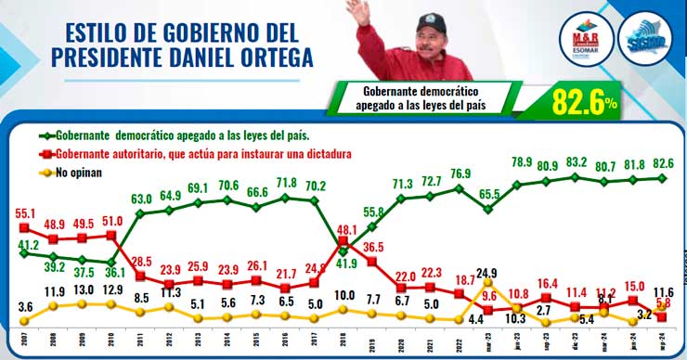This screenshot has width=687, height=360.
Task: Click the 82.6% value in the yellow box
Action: pyautogui.click(x=584, y=99)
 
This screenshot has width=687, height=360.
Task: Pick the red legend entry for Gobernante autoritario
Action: pyautogui.click(x=186, y=153)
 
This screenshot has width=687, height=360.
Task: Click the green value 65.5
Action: pyautogui.click(x=490, y=193)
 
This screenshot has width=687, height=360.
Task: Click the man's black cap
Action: pyautogui.click(x=429, y=21)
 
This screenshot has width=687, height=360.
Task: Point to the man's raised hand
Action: pyautogui.click(x=356, y=11)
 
